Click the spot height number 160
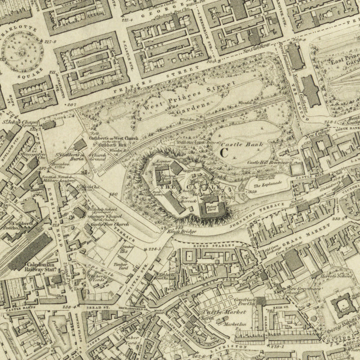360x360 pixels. point(112,194)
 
